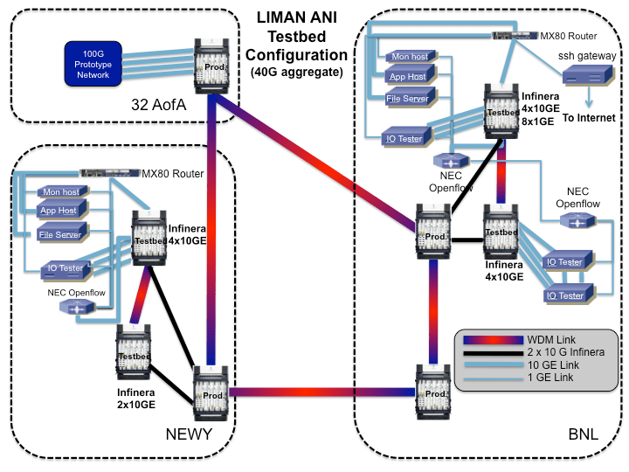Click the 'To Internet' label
pyautogui.click(x=588, y=117)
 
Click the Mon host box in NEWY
pyautogui.click(x=59, y=191)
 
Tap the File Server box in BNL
pyautogui.click(x=408, y=99)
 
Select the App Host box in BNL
pyautogui.click(x=408, y=77)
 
